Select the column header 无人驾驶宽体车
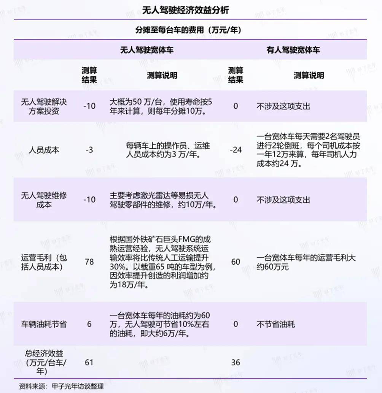coord(147,50)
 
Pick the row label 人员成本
coord(44,150)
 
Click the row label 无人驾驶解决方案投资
coord(44,106)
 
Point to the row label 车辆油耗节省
coord(44,324)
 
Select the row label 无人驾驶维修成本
coord(44,200)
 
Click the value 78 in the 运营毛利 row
coord(89,262)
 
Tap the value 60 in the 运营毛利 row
coord(236,262)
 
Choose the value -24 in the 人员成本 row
coord(236,150)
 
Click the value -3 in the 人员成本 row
coord(89,150)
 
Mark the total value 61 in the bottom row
coord(89,362)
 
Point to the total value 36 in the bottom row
coord(236,362)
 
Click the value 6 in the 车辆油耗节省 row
coord(89,324)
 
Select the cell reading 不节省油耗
coord(275,324)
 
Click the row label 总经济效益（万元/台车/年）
coord(44,362)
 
